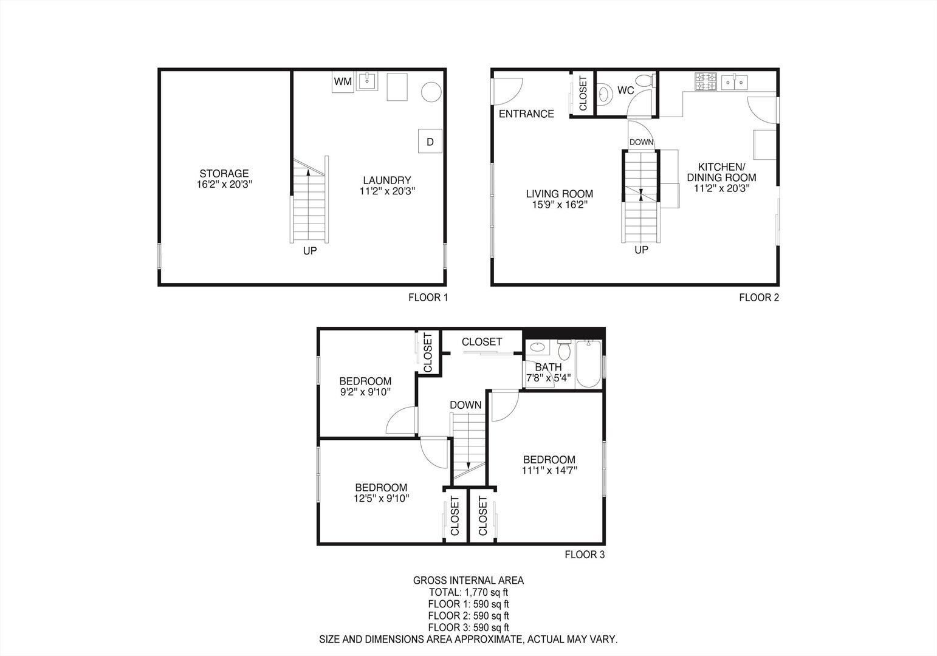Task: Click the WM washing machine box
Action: point(343,81)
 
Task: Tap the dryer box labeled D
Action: point(430,142)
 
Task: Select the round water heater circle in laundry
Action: point(431,92)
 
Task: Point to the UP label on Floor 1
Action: point(310,250)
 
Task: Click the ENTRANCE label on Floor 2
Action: point(526,114)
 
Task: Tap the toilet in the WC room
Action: point(644,80)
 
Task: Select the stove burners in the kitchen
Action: point(706,81)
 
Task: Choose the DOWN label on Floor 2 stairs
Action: point(641,142)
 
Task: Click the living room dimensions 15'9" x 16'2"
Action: point(559,205)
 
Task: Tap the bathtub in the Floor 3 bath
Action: point(588,364)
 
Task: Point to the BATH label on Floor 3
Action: point(548,367)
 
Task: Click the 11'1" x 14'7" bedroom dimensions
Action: point(549,470)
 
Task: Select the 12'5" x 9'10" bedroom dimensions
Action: point(381,498)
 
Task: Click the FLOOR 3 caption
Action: point(585,554)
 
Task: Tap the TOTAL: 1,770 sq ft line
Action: point(468,592)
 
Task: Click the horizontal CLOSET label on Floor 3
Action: point(482,342)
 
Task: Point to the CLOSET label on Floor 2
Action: point(583,94)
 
